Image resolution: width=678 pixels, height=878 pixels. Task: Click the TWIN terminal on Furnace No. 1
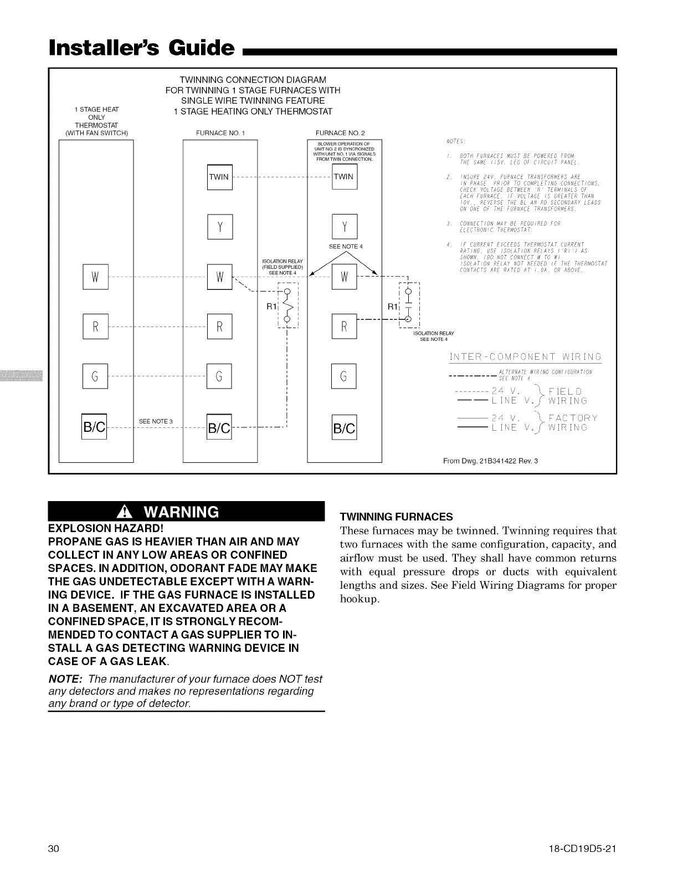pyautogui.click(x=219, y=177)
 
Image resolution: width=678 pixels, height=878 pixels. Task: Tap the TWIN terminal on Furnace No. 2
pyautogui.click(x=344, y=177)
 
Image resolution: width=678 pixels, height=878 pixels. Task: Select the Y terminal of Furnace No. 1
pyautogui.click(x=219, y=227)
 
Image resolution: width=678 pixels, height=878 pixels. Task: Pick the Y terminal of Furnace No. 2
pyautogui.click(x=344, y=227)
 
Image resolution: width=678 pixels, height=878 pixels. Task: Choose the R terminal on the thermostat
pyautogui.click(x=95, y=326)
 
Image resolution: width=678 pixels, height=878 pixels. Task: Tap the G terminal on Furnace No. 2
pyautogui.click(x=344, y=376)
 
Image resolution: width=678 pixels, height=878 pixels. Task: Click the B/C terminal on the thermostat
pyautogui.click(x=94, y=427)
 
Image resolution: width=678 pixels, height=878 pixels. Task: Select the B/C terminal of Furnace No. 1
pyautogui.click(x=219, y=427)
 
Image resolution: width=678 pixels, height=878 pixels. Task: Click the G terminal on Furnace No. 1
pyautogui.click(x=219, y=376)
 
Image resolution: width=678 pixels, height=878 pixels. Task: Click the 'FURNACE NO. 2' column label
pyautogui.click(x=340, y=133)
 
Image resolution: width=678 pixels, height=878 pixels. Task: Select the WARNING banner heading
pyautogui.click(x=186, y=511)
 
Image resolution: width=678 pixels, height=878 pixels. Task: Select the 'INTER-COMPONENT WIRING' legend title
pyautogui.click(x=525, y=356)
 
